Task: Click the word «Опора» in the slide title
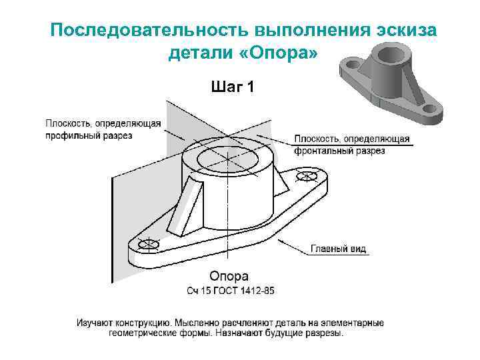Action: pyautogui.click(x=280, y=53)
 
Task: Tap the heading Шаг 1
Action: pyautogui.click(x=231, y=87)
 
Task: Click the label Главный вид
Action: pyautogui.click(x=339, y=249)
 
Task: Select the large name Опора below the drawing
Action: pyautogui.click(x=229, y=276)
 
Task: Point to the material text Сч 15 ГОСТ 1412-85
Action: pyautogui.click(x=230, y=291)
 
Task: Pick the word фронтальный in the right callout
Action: pyautogui.click(x=318, y=151)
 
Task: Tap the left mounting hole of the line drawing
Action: pyautogui.click(x=145, y=245)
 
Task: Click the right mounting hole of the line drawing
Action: pyautogui.click(x=307, y=177)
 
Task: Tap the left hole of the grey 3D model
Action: pyautogui.click(x=351, y=64)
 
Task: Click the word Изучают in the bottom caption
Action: pyautogui.click(x=95, y=323)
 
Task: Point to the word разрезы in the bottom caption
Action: pyautogui.click(x=323, y=333)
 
